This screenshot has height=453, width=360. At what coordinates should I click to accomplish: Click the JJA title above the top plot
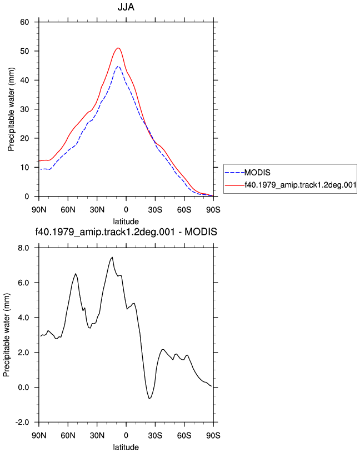click(126, 7)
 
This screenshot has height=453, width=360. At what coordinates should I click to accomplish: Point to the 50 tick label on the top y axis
click(24, 51)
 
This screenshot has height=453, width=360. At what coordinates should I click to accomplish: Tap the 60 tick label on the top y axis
click(24, 22)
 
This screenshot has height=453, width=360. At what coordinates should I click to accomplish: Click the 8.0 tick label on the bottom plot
click(23, 248)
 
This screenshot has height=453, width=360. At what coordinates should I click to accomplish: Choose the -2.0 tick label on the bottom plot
click(22, 422)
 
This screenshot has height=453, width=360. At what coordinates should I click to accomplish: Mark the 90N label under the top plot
click(39, 210)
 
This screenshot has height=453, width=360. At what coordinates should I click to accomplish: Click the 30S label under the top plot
click(155, 210)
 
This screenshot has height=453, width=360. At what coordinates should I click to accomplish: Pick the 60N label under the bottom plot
click(68, 435)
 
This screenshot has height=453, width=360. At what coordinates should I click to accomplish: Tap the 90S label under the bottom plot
click(213, 435)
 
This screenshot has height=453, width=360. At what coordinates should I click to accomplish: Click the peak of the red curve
click(118, 48)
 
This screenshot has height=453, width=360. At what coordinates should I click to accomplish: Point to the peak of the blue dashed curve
click(118, 66)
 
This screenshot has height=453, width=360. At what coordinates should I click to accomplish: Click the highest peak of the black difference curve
click(112, 257)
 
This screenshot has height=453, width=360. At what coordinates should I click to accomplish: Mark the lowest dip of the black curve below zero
click(149, 399)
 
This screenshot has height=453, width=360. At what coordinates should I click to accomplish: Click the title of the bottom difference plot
click(126, 231)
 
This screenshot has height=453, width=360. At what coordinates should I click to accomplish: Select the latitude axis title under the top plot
click(126, 222)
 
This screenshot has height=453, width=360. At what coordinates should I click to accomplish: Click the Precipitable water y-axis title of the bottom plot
click(6, 335)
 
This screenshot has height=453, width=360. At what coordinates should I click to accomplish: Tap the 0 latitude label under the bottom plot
click(126, 435)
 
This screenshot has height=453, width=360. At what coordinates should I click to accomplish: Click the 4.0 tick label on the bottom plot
click(23, 318)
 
